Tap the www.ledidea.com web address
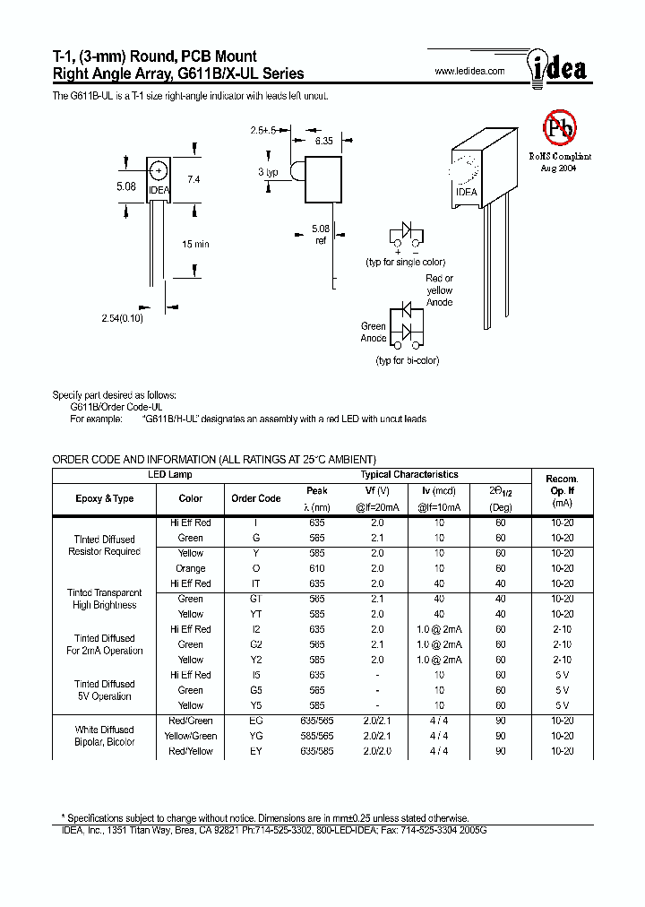469,71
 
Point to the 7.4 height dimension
193,180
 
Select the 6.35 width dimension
323,141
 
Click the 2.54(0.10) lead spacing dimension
123,318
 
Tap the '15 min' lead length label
194,244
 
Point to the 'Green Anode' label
374,333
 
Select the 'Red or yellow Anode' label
439,290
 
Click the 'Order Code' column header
256,498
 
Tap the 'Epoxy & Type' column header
104,498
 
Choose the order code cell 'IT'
256,583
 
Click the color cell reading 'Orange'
191,568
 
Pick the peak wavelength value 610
317,568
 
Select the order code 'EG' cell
256,721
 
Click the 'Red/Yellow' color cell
191,751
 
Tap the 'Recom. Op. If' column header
562,491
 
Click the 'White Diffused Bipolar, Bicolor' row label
104,736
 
